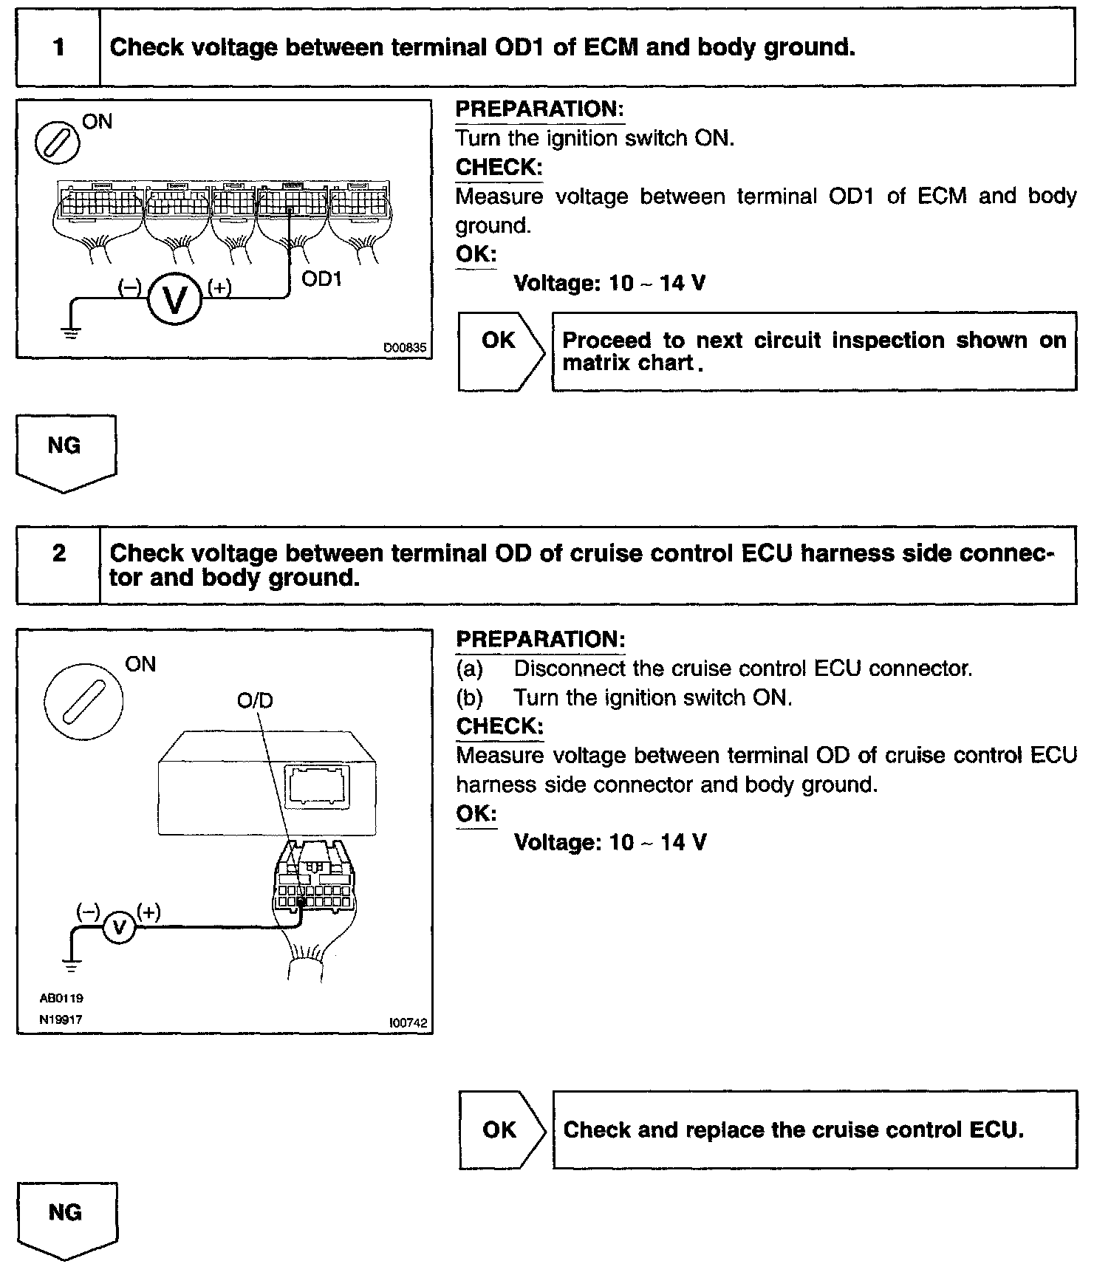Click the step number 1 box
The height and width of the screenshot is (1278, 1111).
pyautogui.click(x=58, y=48)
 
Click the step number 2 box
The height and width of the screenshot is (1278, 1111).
pyautogui.click(x=58, y=565)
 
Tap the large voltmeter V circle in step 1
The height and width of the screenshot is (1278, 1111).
pyautogui.click(x=174, y=299)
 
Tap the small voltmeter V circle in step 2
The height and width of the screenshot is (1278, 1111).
pyautogui.click(x=118, y=926)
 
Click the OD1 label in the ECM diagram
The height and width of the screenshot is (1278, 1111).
pyautogui.click(x=321, y=280)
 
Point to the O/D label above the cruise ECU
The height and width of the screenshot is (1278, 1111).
pyautogui.click(x=255, y=700)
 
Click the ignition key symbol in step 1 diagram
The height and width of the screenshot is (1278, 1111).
pyautogui.click(x=58, y=141)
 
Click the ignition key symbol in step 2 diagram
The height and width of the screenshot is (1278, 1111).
pyautogui.click(x=83, y=700)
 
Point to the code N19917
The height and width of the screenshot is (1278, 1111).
pyautogui.click(x=61, y=1019)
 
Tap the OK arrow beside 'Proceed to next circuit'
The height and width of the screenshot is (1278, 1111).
pyautogui.click(x=500, y=351)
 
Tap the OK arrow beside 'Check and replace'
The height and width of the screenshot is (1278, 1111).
pyautogui.click(x=501, y=1130)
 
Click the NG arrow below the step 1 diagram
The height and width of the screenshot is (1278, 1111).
pyautogui.click(x=65, y=451)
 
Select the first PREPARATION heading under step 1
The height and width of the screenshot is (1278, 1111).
pyautogui.click(x=539, y=109)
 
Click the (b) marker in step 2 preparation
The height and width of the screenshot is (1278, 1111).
pyautogui.click(x=470, y=697)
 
